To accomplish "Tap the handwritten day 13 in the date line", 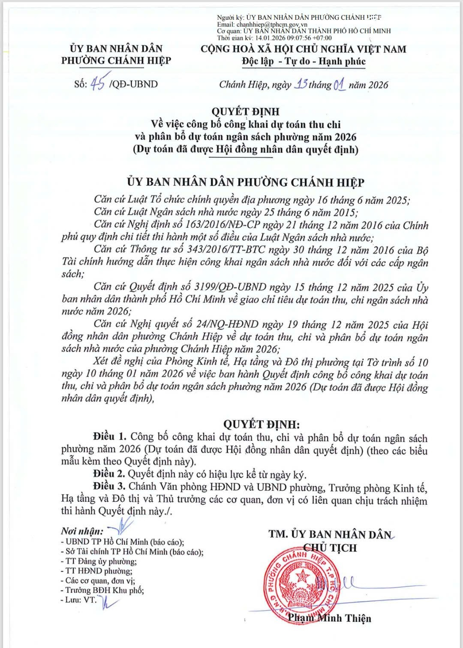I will (x=301, y=84).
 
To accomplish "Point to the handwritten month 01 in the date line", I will (x=339, y=84).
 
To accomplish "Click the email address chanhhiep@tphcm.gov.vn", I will (x=272, y=25).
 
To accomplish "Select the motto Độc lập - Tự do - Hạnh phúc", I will (x=304, y=61).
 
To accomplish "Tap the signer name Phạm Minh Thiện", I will (x=329, y=618).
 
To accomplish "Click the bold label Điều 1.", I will (x=110, y=437).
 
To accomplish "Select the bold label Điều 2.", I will (x=109, y=474).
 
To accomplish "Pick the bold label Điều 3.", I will (x=109, y=486).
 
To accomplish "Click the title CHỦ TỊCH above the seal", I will (x=330, y=548).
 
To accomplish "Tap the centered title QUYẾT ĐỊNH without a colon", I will (x=245, y=111).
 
